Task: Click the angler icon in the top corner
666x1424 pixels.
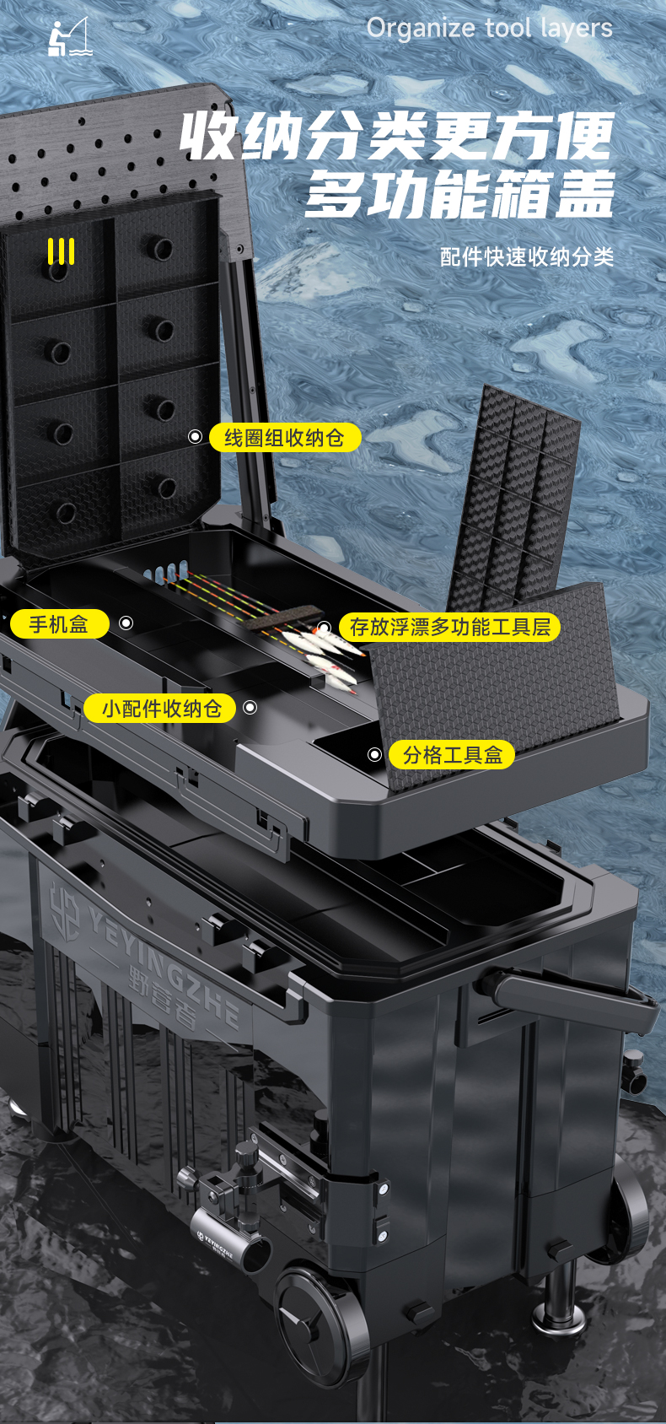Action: [70, 37]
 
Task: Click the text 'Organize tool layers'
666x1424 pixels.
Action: [489, 29]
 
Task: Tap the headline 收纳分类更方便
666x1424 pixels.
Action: [397, 136]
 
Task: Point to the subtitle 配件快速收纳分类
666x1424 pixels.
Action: [527, 256]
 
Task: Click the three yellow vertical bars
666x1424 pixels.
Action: [61, 251]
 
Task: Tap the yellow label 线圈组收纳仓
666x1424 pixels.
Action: [285, 437]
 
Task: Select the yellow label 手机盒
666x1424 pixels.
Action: [59, 623]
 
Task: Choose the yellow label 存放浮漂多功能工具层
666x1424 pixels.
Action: [450, 627]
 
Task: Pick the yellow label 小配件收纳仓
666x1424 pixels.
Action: [160, 708]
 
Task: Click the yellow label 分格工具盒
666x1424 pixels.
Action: [452, 754]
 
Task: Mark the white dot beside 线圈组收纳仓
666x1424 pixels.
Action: [195, 437]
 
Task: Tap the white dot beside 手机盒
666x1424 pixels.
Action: [126, 623]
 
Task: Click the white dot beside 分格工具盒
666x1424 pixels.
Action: [374, 754]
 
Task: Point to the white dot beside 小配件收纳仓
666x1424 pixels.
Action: [250, 708]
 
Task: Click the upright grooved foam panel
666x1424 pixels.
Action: [515, 496]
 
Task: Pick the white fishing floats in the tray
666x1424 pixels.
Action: [323, 655]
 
